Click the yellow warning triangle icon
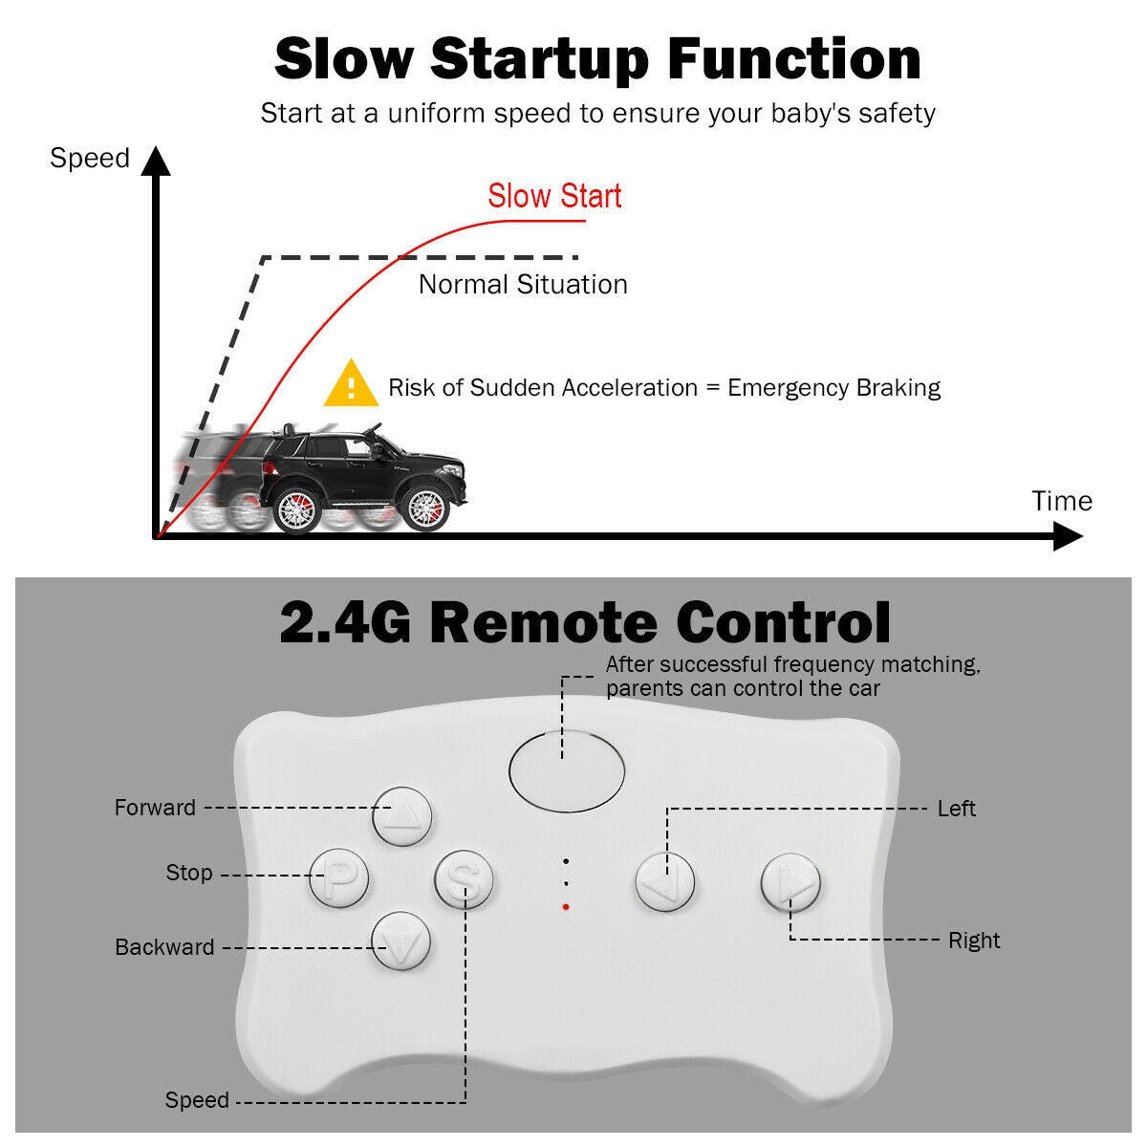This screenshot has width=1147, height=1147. click(x=351, y=384)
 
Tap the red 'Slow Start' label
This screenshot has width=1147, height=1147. click(x=554, y=196)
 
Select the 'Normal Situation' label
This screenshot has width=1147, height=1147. click(x=523, y=285)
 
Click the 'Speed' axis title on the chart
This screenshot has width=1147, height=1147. click(x=90, y=158)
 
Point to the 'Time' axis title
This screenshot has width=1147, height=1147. click(x=1062, y=501)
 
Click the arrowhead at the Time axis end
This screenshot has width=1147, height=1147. click(x=1068, y=536)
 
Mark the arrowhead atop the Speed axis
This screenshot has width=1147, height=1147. click(x=155, y=162)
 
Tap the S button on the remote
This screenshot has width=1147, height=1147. click(x=465, y=879)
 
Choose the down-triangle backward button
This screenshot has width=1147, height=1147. click(x=401, y=941)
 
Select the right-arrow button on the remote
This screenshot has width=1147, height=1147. click(x=790, y=881)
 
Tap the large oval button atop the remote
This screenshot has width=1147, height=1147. click(x=567, y=770)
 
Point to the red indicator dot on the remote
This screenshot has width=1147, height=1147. click(x=566, y=906)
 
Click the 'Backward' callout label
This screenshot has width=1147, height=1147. click(x=164, y=947)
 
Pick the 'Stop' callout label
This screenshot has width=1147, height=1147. click(x=189, y=873)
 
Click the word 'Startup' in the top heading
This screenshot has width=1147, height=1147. click(x=539, y=59)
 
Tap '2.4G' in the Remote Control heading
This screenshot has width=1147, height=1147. click(x=345, y=622)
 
